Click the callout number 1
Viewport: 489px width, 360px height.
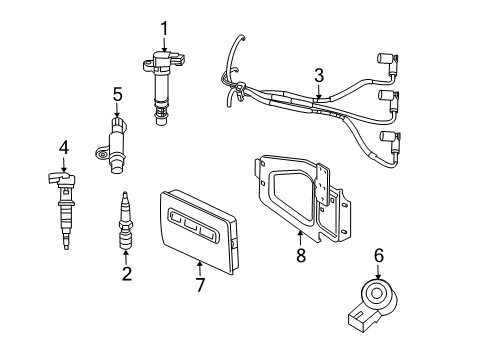165,27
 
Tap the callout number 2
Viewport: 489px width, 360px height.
127,273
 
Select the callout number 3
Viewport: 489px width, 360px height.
318,74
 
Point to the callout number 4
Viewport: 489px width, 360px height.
63,148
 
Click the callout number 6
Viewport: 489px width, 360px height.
378,256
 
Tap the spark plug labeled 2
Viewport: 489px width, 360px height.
126,225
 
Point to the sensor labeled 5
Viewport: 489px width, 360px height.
113,150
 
